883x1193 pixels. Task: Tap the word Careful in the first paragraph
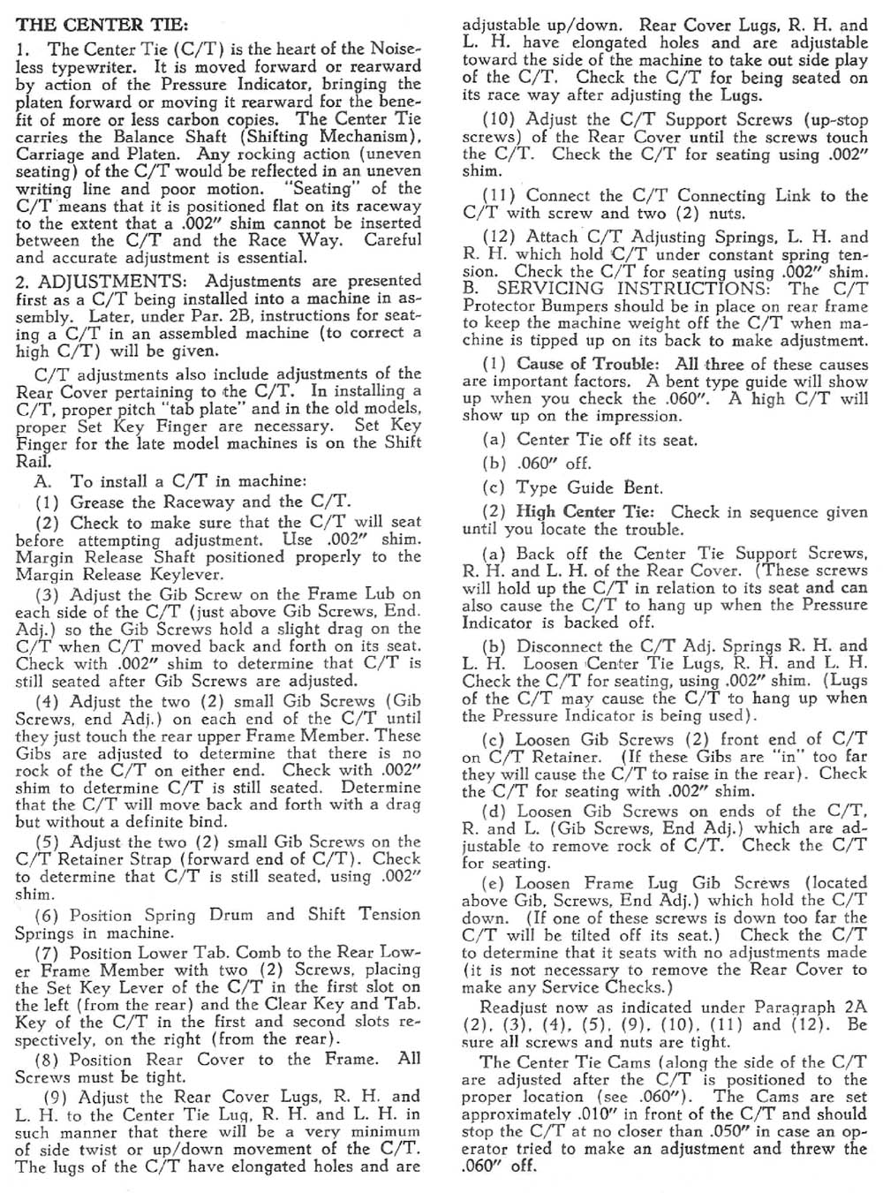pos(393,240)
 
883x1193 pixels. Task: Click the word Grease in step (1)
pos(99,502)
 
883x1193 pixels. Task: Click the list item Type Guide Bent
pos(589,487)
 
